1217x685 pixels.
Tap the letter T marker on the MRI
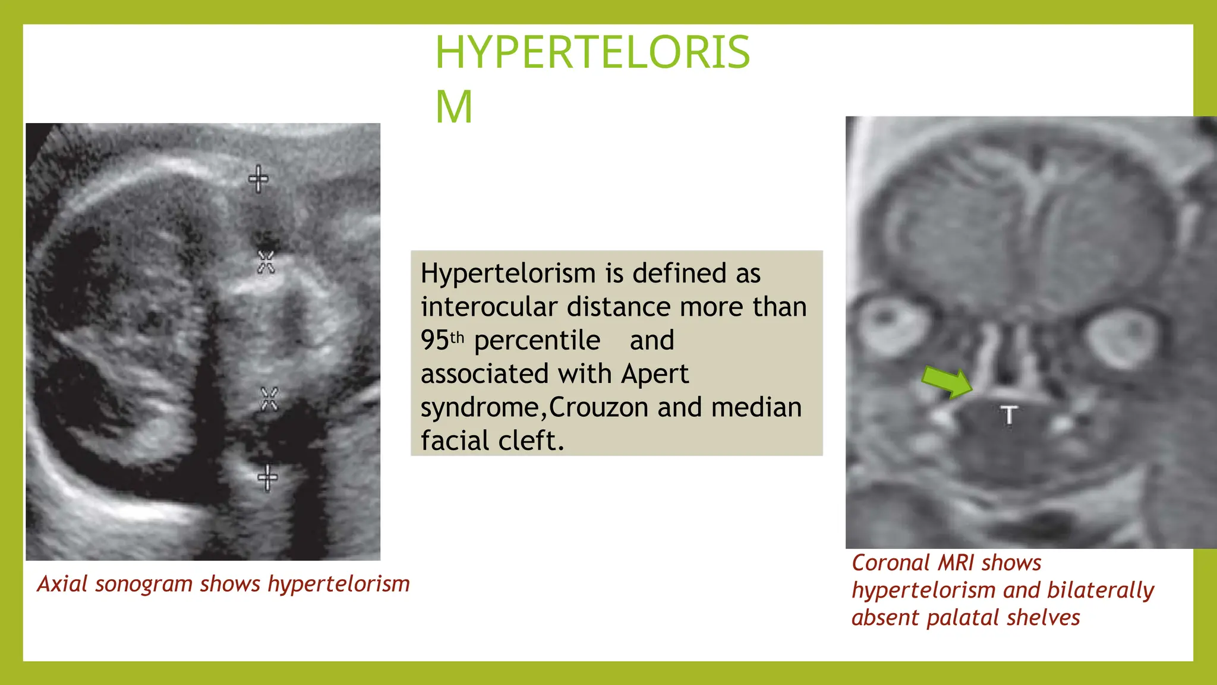(1008, 415)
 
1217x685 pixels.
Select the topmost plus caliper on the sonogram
(258, 178)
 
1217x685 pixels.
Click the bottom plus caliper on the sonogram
(267, 477)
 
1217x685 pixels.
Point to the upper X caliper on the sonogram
(266, 262)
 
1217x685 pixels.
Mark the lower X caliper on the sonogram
(269, 398)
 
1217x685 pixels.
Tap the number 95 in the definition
(435, 341)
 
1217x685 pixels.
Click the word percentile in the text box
(537, 341)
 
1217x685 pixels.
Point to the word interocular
(490, 307)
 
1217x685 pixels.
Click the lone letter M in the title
(454, 107)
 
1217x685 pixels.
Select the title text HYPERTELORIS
(592, 52)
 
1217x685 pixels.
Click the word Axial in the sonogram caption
(62, 584)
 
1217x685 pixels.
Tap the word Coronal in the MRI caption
(890, 563)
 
